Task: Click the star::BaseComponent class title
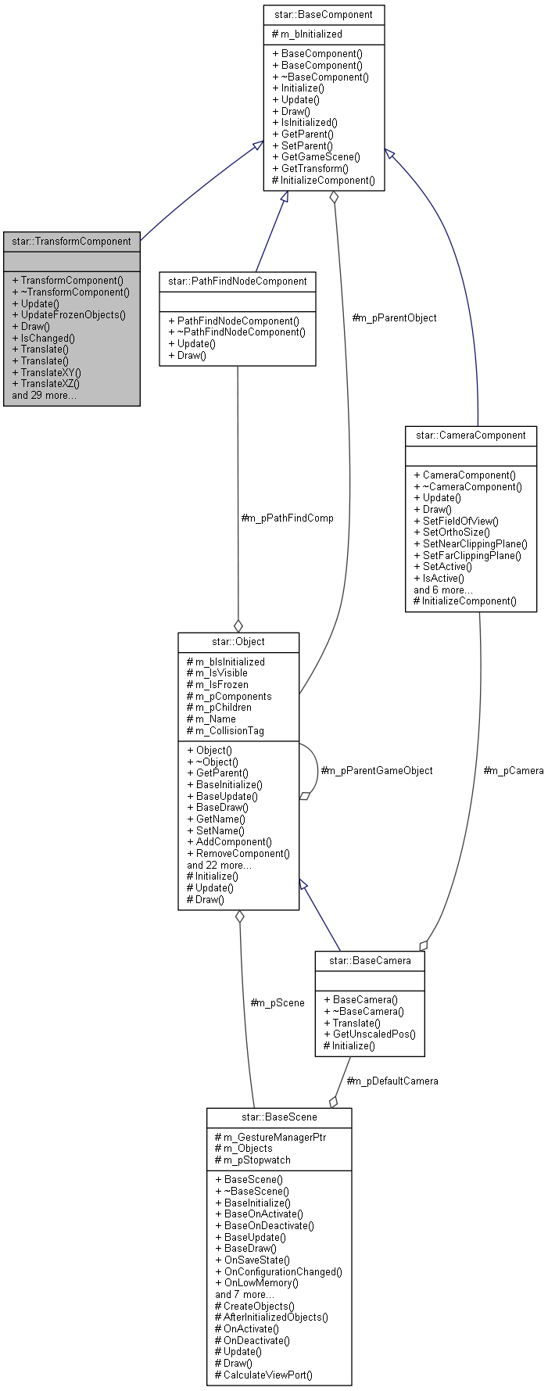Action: click(324, 14)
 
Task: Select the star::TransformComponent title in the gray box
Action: click(71, 241)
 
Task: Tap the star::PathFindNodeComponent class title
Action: click(238, 281)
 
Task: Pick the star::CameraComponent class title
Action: click(471, 435)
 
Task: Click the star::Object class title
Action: click(238, 641)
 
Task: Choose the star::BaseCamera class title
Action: click(370, 960)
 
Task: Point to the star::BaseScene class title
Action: click(279, 1117)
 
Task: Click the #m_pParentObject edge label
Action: click(394, 317)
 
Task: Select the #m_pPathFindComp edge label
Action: click(287, 518)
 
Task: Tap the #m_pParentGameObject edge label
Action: click(377, 770)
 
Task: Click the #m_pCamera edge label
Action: click(513, 770)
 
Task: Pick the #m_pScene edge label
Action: click(278, 1002)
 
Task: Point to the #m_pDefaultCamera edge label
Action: click(392, 1081)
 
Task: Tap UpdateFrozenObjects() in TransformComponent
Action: click(73, 315)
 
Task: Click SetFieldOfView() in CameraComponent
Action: click(460, 521)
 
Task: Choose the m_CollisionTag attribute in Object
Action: click(230, 730)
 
